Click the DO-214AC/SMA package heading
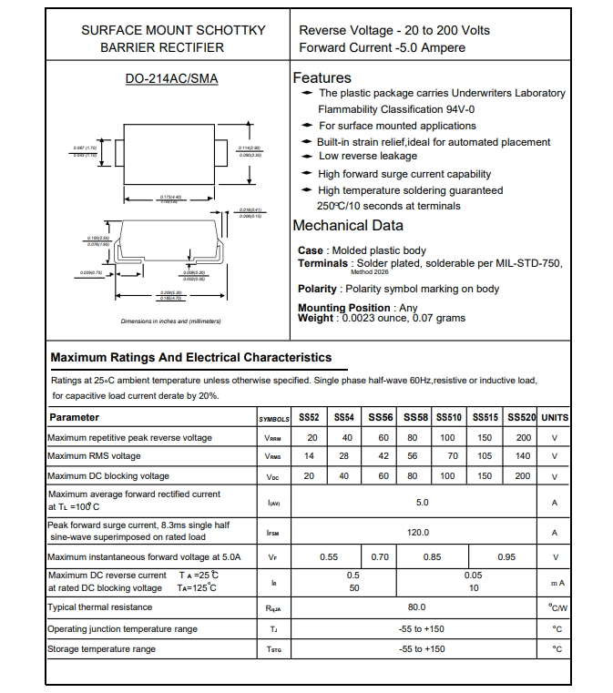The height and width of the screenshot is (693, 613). coord(171,78)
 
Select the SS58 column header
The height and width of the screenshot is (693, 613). coord(415,417)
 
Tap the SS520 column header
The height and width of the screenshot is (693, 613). coord(521,417)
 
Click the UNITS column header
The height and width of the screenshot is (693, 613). coord(555,417)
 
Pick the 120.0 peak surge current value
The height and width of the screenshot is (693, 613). coord(418,533)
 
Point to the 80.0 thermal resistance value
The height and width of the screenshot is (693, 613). coord(417,607)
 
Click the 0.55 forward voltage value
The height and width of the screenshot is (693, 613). coord(329,557)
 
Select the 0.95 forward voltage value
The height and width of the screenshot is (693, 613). coord(506,557)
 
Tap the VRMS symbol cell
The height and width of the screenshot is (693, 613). coord(273,456)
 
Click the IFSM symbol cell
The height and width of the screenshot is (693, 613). coord(273,533)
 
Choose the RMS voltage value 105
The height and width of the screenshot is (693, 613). coord(485,456)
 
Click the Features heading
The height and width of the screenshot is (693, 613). coord(322,78)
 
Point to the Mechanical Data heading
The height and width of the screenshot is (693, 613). coord(347,226)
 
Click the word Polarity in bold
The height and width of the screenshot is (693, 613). coord(318,289)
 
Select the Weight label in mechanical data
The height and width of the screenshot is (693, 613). coord(315,318)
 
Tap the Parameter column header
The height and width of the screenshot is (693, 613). coord(75,417)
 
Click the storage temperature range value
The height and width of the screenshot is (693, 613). coord(423,649)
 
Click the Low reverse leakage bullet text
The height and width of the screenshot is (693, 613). coord(368,157)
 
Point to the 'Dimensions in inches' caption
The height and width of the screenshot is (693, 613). coord(171,321)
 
